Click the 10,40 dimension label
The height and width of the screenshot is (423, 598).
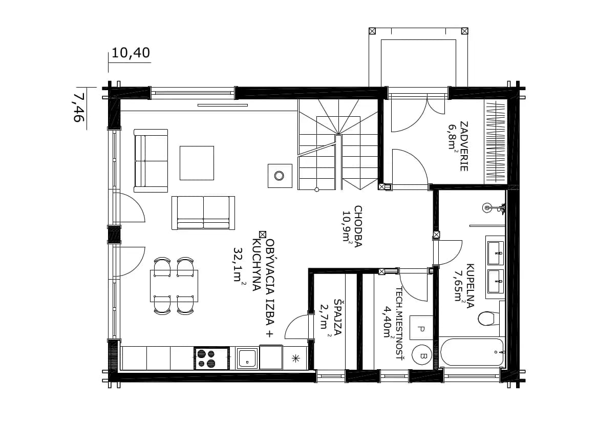point(131,53)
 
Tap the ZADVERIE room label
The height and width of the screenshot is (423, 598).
point(464,146)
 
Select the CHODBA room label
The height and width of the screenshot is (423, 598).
point(358,226)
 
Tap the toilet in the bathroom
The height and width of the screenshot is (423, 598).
point(488,319)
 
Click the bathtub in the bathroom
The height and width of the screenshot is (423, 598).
point(472,352)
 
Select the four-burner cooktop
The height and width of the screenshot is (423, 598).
point(211,358)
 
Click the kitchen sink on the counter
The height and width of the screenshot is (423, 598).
point(247,358)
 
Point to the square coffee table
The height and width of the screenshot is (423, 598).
point(197,163)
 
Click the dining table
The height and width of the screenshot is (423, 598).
point(174,286)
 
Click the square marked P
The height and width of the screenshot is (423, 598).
point(421,328)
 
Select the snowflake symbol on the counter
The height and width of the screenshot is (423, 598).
point(295,358)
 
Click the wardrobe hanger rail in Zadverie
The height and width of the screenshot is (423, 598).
point(496,141)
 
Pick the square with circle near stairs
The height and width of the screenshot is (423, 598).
point(280,176)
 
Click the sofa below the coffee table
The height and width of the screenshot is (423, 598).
point(203,213)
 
